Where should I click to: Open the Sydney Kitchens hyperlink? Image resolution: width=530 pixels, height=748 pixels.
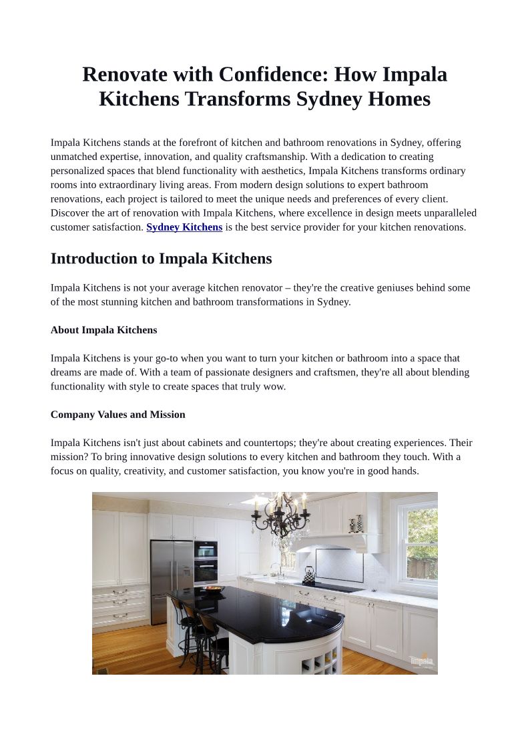tap(184, 227)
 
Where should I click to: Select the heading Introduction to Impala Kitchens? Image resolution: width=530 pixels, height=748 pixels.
tap(161, 259)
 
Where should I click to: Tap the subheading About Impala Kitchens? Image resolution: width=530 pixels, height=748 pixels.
tap(103, 330)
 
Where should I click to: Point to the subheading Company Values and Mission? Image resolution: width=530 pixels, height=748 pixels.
tap(117, 415)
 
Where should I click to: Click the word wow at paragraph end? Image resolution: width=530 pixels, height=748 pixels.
tap(275, 387)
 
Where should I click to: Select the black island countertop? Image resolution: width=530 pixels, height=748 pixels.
tap(267, 613)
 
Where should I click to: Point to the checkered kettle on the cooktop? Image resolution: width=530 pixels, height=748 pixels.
tap(308, 574)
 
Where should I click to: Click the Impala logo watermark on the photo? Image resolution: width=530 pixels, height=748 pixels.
tap(421, 660)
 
